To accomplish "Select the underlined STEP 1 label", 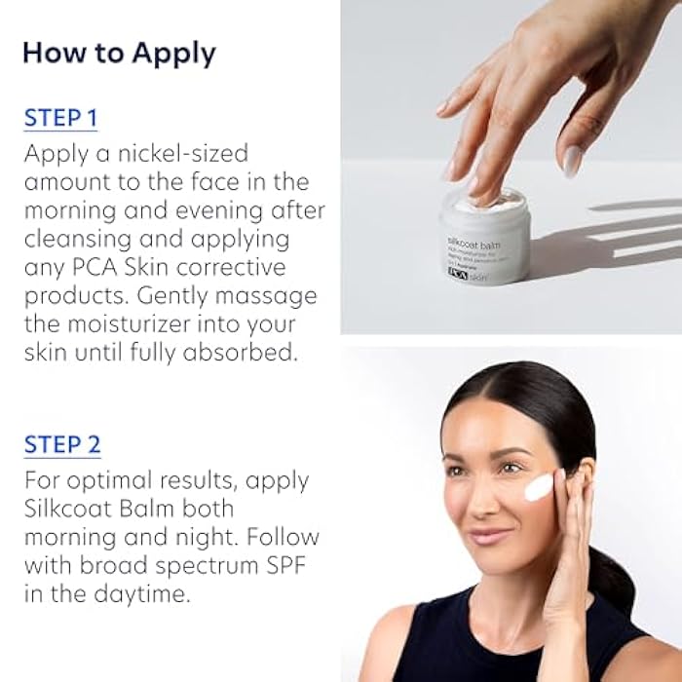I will [60, 119].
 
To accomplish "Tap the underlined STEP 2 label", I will [61, 445].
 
